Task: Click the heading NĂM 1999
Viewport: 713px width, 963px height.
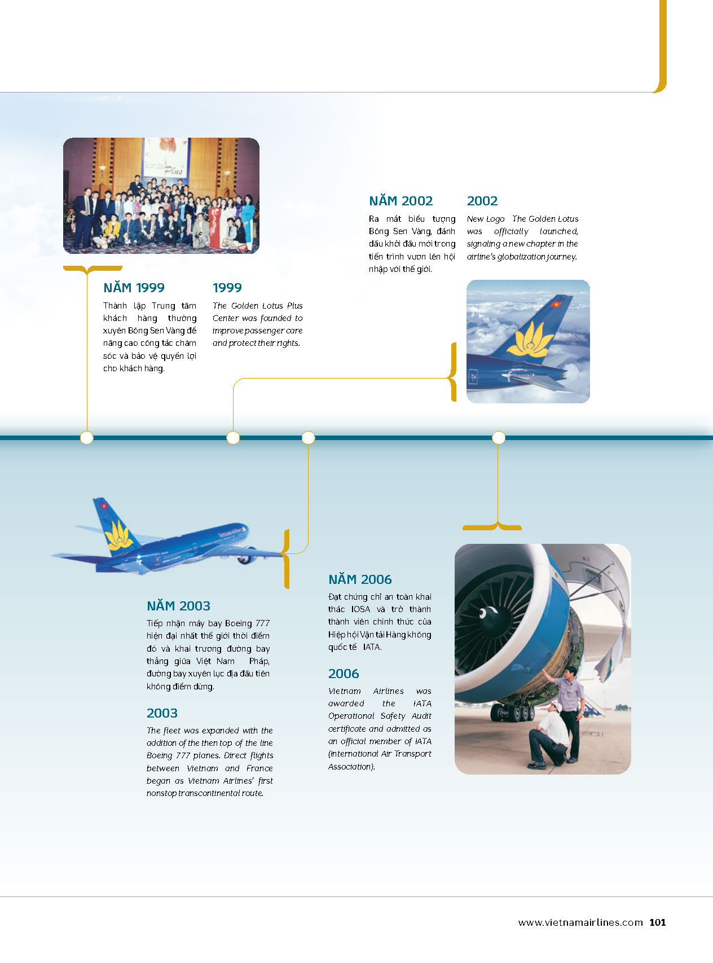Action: click(134, 288)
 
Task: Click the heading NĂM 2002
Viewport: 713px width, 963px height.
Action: click(400, 201)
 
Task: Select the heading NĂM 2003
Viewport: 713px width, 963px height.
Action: click(178, 606)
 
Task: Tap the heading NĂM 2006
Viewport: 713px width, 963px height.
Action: click(360, 579)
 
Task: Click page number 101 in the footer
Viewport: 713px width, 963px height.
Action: click(658, 922)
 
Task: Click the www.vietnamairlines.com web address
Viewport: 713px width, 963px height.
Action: click(580, 923)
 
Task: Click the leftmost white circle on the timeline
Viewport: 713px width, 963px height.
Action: click(87, 437)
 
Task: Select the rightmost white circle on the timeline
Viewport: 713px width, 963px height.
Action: click(499, 437)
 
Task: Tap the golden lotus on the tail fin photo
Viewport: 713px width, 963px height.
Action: click(530, 340)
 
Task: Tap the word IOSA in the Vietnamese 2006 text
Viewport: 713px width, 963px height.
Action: click(361, 609)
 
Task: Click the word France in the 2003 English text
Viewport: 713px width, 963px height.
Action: click(259, 768)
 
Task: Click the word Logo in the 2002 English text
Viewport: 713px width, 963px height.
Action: click(495, 219)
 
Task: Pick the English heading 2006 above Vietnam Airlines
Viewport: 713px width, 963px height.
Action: click(344, 674)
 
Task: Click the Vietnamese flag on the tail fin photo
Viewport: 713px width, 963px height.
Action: click(556, 304)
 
